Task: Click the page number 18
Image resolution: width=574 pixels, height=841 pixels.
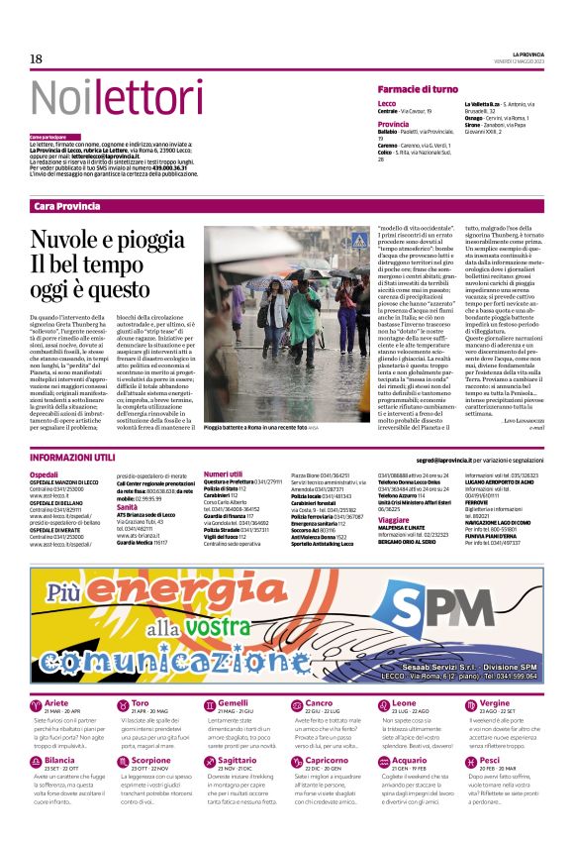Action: click(36, 59)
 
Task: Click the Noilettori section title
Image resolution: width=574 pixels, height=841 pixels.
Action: click(103, 98)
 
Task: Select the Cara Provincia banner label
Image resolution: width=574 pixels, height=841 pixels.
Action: click(66, 205)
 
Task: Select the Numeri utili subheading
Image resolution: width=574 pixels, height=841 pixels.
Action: click(223, 474)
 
